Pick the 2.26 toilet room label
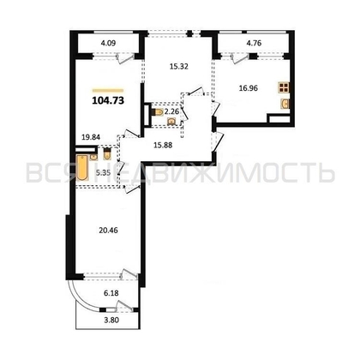(171, 111)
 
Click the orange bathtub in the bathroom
(82, 168)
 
